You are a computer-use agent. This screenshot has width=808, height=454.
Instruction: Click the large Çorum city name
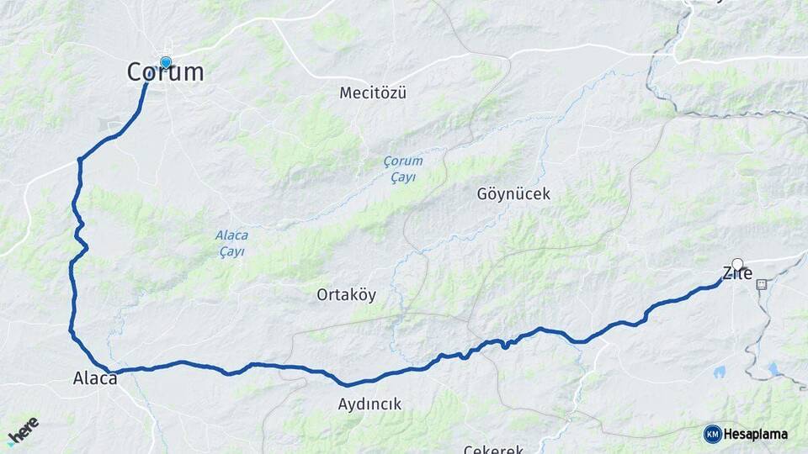tap(166, 72)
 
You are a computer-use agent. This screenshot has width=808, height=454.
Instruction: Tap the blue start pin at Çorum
tap(166, 62)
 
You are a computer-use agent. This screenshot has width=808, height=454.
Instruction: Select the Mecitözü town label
tap(373, 92)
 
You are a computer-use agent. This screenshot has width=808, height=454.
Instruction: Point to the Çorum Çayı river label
tap(402, 169)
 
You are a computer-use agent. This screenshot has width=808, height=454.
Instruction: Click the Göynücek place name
tap(513, 194)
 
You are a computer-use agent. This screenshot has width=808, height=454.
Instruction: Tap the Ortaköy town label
tap(346, 295)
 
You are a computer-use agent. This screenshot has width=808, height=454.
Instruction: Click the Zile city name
tap(736, 273)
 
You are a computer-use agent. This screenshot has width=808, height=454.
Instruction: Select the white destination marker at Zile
tap(738, 264)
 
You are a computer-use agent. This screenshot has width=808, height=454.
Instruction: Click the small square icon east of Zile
tap(763, 284)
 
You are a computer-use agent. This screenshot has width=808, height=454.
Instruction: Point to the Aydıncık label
tap(369, 404)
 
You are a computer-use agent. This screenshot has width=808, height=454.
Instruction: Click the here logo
tap(23, 431)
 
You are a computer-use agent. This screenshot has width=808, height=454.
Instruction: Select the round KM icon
tap(713, 434)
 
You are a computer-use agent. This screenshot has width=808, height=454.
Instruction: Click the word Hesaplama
tap(756, 434)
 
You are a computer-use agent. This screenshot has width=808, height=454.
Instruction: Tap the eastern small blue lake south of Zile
tap(773, 368)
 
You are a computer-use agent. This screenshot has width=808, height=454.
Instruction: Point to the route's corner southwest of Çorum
tap(80, 159)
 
